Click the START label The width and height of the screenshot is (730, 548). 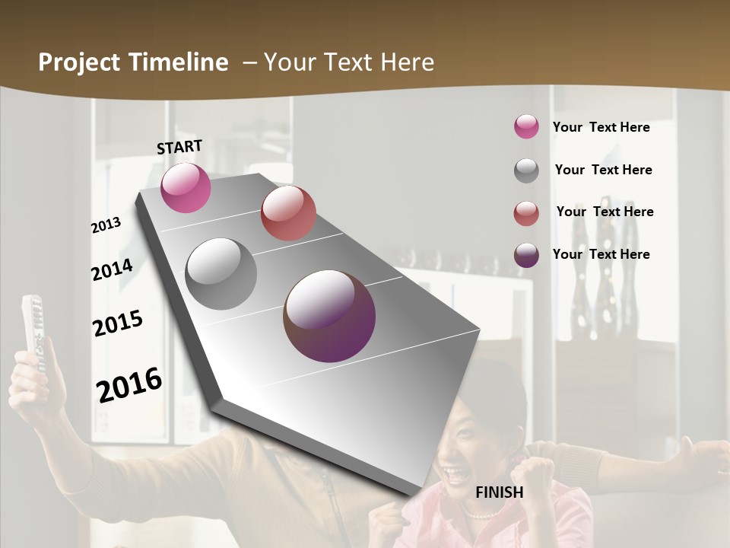pos(179,147)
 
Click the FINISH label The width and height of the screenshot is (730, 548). pos(499,492)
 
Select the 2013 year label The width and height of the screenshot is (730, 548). pos(106,225)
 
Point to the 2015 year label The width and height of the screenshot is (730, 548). pos(118,323)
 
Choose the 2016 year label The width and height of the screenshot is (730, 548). pos(129,384)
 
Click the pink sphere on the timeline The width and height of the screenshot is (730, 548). pos(186,188)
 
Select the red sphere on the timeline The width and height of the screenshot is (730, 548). pos(288,213)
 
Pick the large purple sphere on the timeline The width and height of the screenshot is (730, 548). pos(329,316)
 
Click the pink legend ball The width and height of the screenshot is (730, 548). pos(526,127)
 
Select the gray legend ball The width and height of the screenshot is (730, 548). pos(526,170)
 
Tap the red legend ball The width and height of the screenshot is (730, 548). pos(526,212)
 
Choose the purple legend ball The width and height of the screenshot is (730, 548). pos(526,255)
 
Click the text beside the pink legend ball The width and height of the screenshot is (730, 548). pos(601,127)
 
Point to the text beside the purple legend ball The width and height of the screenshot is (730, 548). pos(601,254)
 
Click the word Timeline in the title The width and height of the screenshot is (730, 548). pos(179,62)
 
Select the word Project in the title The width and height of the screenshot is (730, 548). pos(78,62)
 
